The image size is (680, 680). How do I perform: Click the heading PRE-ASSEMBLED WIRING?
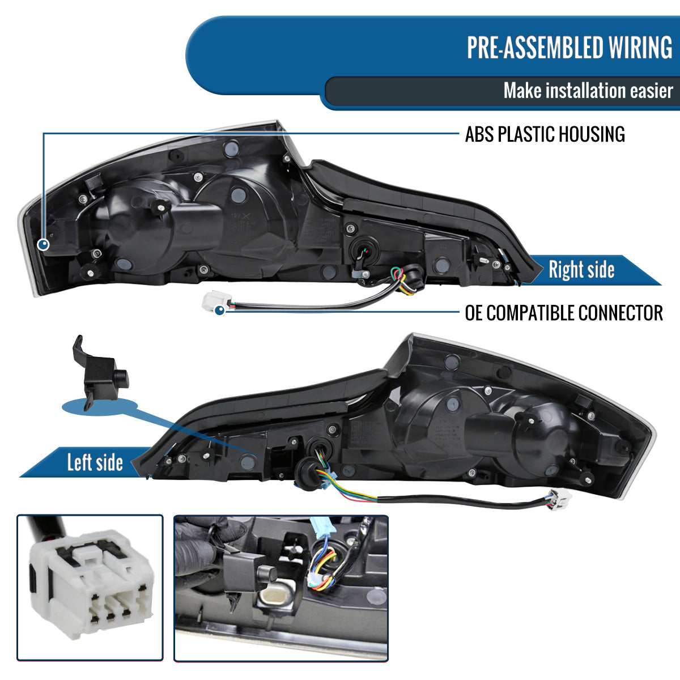(x=569, y=48)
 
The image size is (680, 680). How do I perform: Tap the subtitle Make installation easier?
(x=588, y=91)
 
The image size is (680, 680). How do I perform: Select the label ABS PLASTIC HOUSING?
(x=545, y=134)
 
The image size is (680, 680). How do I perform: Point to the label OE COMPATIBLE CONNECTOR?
(x=564, y=313)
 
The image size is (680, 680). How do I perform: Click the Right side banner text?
(x=581, y=270)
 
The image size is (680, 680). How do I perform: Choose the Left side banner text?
(x=95, y=462)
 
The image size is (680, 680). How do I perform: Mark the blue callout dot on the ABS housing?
(x=43, y=244)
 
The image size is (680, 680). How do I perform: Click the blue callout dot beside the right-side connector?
(x=220, y=311)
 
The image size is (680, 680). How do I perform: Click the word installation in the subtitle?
(x=586, y=91)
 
